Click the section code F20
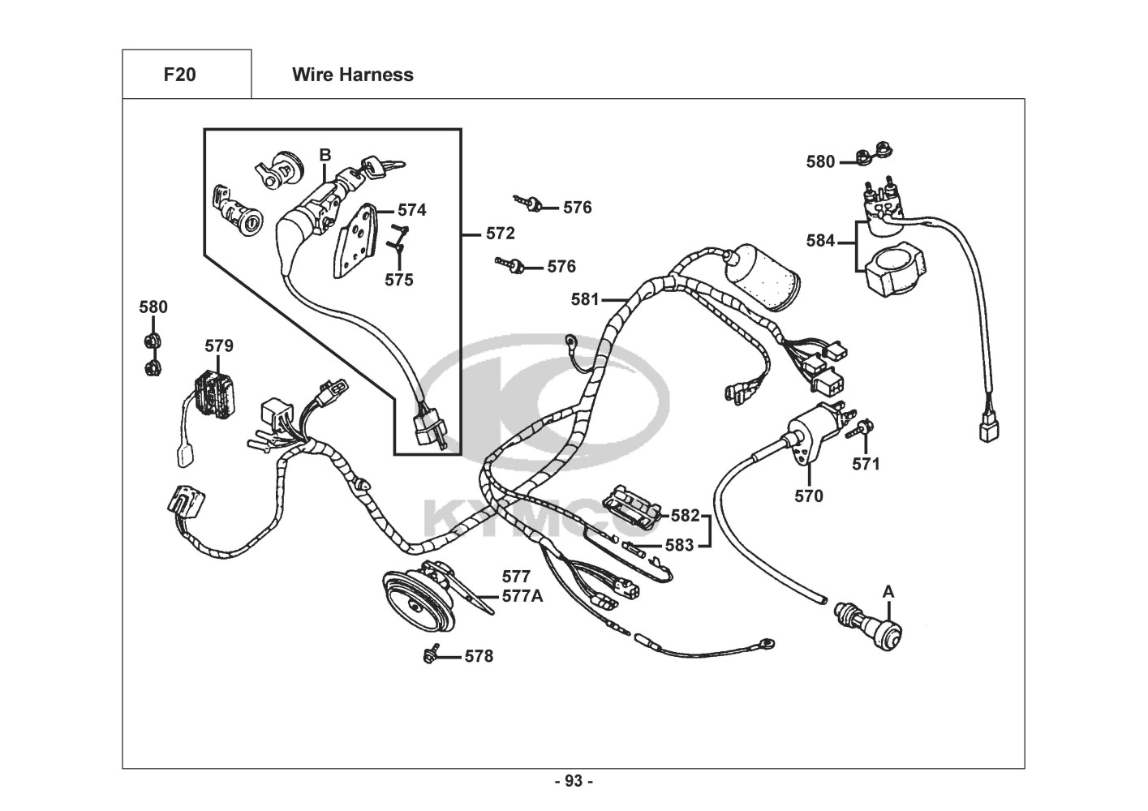[x=179, y=75]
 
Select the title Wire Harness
[x=352, y=75]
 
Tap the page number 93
[x=574, y=781]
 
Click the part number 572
[x=501, y=234]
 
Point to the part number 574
[x=411, y=210]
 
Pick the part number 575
[x=398, y=280]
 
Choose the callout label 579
[x=218, y=346]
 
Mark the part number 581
[x=585, y=299]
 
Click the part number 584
[x=820, y=241]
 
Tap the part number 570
[x=808, y=496]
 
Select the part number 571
[x=866, y=464]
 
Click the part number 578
[x=479, y=656]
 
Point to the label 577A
[x=522, y=596]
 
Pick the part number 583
[x=680, y=545]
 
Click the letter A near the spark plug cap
[x=888, y=592]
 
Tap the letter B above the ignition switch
[x=325, y=155]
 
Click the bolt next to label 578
[x=431, y=654]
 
